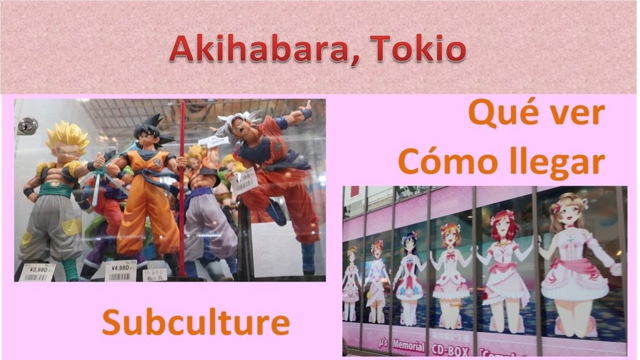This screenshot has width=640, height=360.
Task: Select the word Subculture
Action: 196,322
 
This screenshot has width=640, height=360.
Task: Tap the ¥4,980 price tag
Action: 119,272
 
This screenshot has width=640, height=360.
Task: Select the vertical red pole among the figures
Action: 182,187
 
